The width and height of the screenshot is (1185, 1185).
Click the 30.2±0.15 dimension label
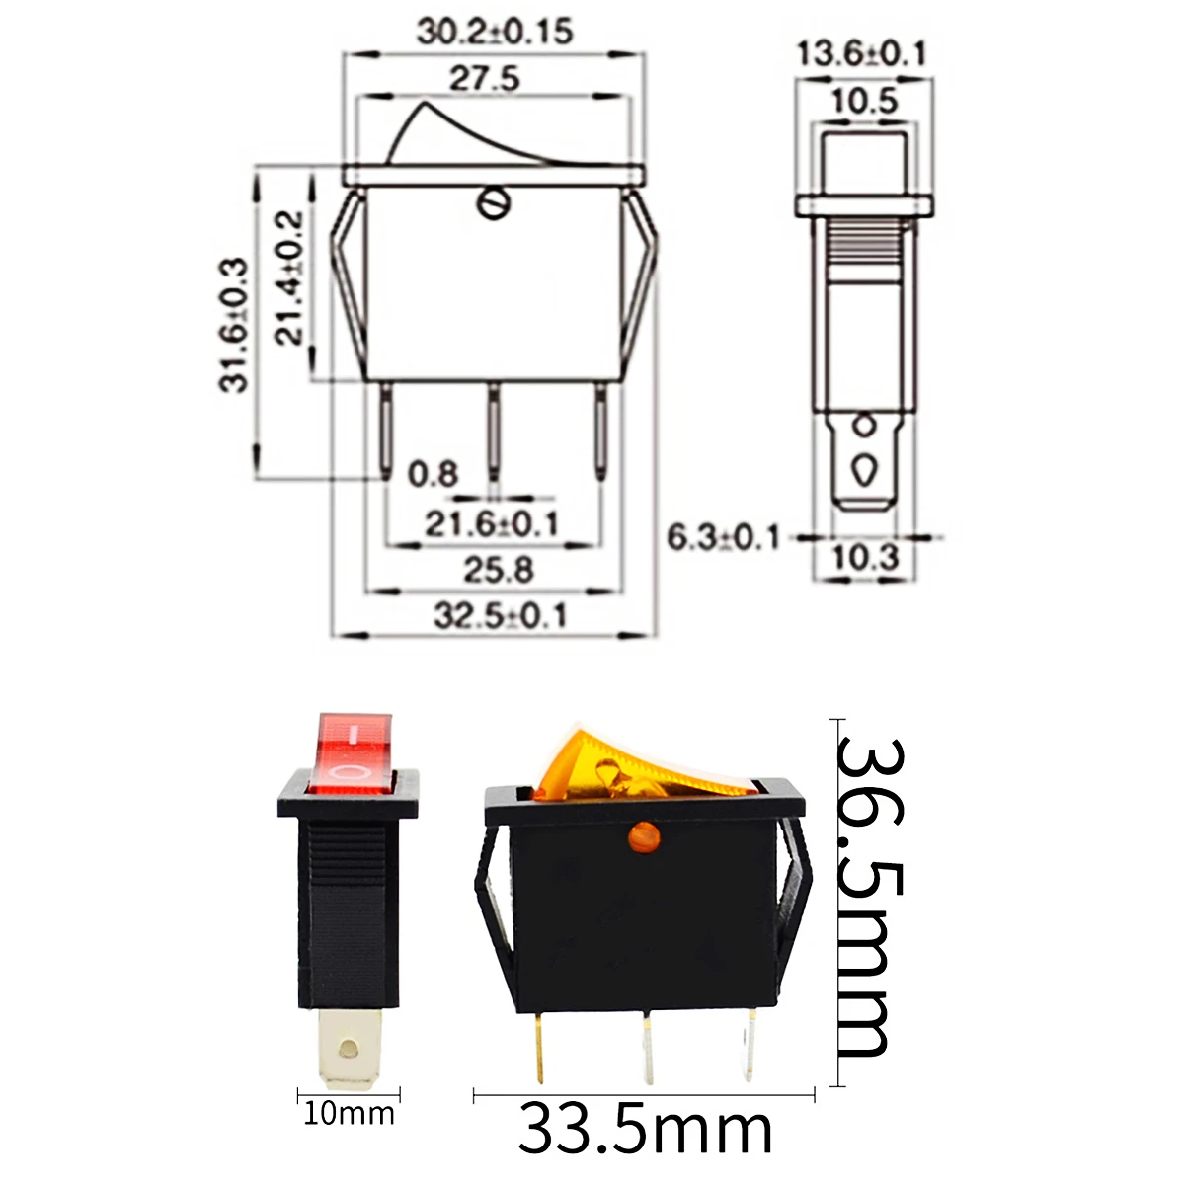tap(494, 31)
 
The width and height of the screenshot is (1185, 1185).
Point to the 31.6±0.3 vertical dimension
tap(236, 325)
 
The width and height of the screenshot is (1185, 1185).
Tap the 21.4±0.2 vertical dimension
tap(289, 277)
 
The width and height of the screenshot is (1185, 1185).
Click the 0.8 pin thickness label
tap(434, 475)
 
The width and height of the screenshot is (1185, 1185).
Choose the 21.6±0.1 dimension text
tap(492, 523)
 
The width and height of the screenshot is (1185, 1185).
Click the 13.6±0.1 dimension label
tap(862, 53)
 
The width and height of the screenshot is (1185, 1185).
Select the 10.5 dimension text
tap(863, 100)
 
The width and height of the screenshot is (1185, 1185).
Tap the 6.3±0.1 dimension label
tap(723, 538)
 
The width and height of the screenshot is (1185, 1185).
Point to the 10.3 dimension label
tap(865, 558)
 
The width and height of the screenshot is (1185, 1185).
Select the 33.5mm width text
tap(644, 1130)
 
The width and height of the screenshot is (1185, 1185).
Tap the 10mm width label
tap(349, 1114)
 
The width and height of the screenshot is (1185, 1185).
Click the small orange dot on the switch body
tap(643, 837)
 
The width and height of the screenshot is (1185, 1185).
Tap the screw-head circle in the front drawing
tap(491, 204)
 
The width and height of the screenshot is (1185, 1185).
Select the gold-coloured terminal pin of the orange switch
tap(539, 1046)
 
